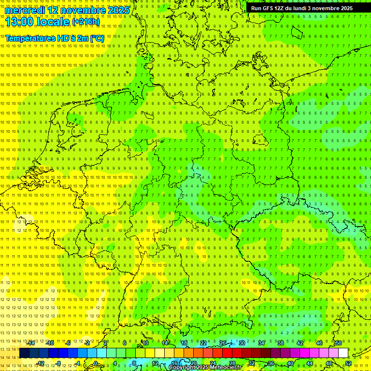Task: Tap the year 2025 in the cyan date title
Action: coord(118,10)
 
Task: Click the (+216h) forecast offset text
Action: coord(86,22)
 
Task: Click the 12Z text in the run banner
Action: coord(283,8)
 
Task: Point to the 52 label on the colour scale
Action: coord(348,363)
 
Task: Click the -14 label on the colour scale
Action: coord(31,343)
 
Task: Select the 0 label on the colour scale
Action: coord(96,363)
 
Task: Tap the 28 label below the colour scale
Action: coord(232,363)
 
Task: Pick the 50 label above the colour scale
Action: coord(339,343)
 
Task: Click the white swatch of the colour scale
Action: coord(343,353)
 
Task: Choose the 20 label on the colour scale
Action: coord(193,363)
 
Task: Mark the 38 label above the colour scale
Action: coord(280,343)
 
